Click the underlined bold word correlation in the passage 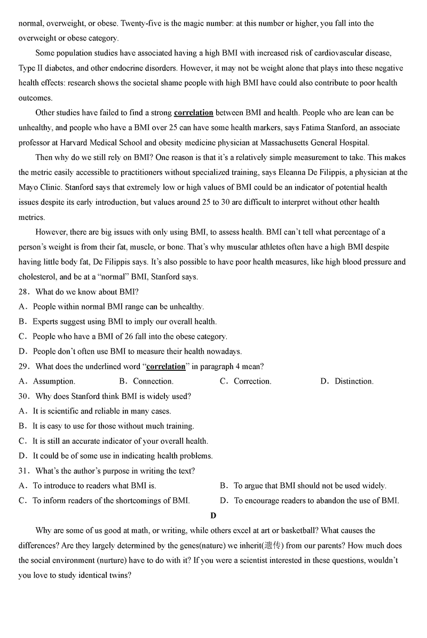click(x=193, y=113)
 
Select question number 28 click(x=24, y=292)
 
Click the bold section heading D click(x=213, y=515)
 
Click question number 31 click(x=24, y=471)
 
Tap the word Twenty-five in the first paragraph click(x=140, y=23)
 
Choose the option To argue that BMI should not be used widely click(x=310, y=486)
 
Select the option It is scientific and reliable click(x=101, y=411)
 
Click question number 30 click(x=24, y=396)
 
